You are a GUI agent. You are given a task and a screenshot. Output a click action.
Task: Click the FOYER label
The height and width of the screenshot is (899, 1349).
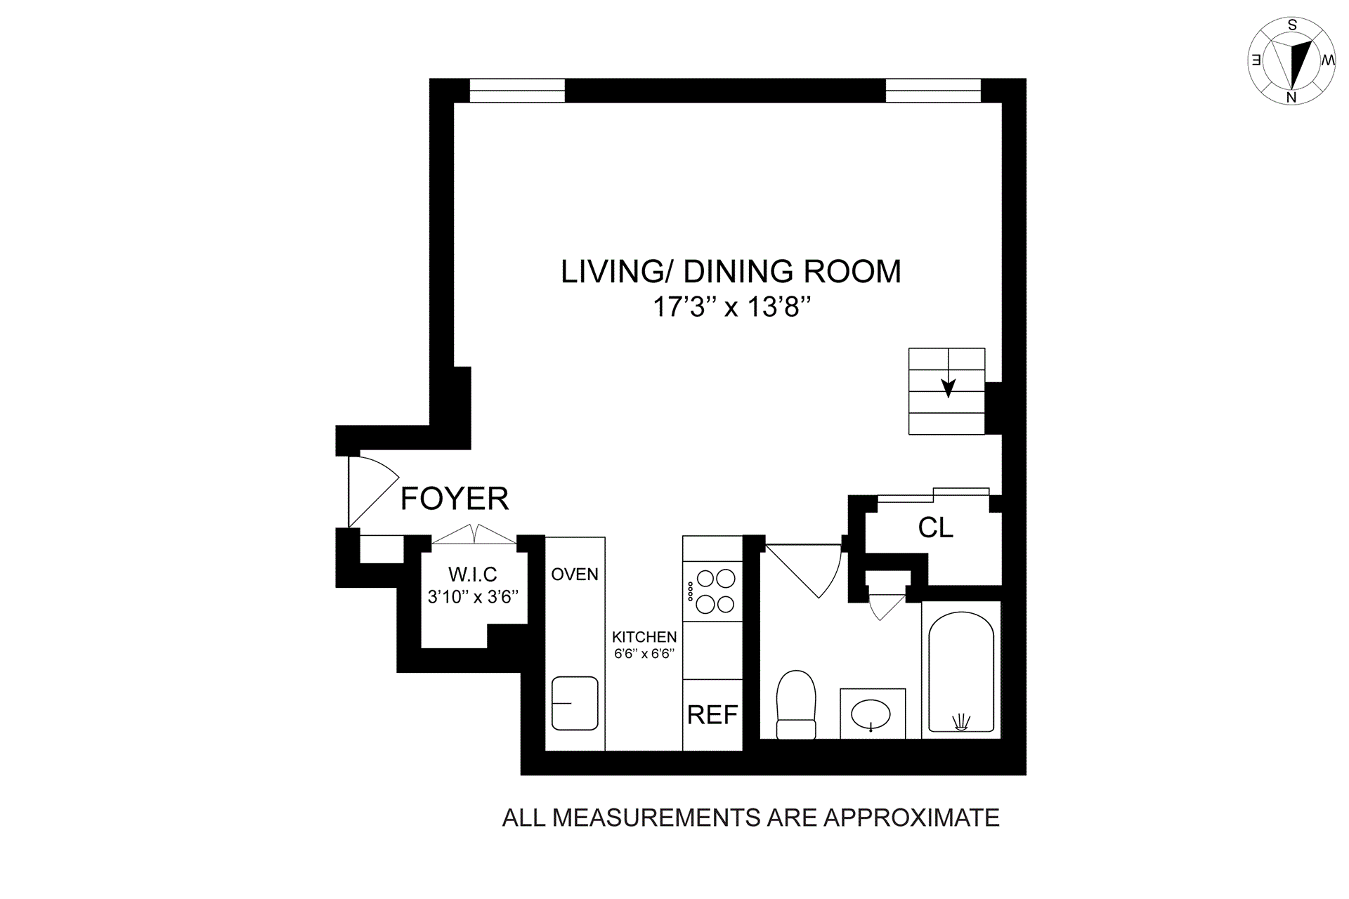[454, 499]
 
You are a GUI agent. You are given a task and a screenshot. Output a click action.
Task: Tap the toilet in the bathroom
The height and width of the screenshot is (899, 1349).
[796, 704]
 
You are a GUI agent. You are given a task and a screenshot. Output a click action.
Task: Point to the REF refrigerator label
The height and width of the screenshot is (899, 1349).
[712, 715]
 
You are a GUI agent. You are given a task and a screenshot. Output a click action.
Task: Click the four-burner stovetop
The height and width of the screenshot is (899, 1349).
[713, 591]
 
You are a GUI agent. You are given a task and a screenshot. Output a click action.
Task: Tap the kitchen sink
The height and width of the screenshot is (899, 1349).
[575, 703]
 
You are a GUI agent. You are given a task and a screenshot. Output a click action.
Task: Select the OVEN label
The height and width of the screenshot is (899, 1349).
[575, 575]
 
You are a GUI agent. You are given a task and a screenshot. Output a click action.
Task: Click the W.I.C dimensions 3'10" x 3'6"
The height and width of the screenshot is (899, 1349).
[473, 597]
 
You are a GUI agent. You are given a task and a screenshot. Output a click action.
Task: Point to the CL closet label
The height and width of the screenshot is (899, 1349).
[936, 527]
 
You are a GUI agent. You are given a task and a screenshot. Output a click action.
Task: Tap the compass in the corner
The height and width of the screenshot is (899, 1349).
[1291, 62]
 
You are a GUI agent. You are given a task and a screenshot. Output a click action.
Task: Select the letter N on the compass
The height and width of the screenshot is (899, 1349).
[1291, 98]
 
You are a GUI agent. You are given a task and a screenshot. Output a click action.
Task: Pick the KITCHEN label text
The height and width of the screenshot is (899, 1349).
[644, 637]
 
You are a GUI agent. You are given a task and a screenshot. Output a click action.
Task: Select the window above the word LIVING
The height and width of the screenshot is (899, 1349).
[517, 91]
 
